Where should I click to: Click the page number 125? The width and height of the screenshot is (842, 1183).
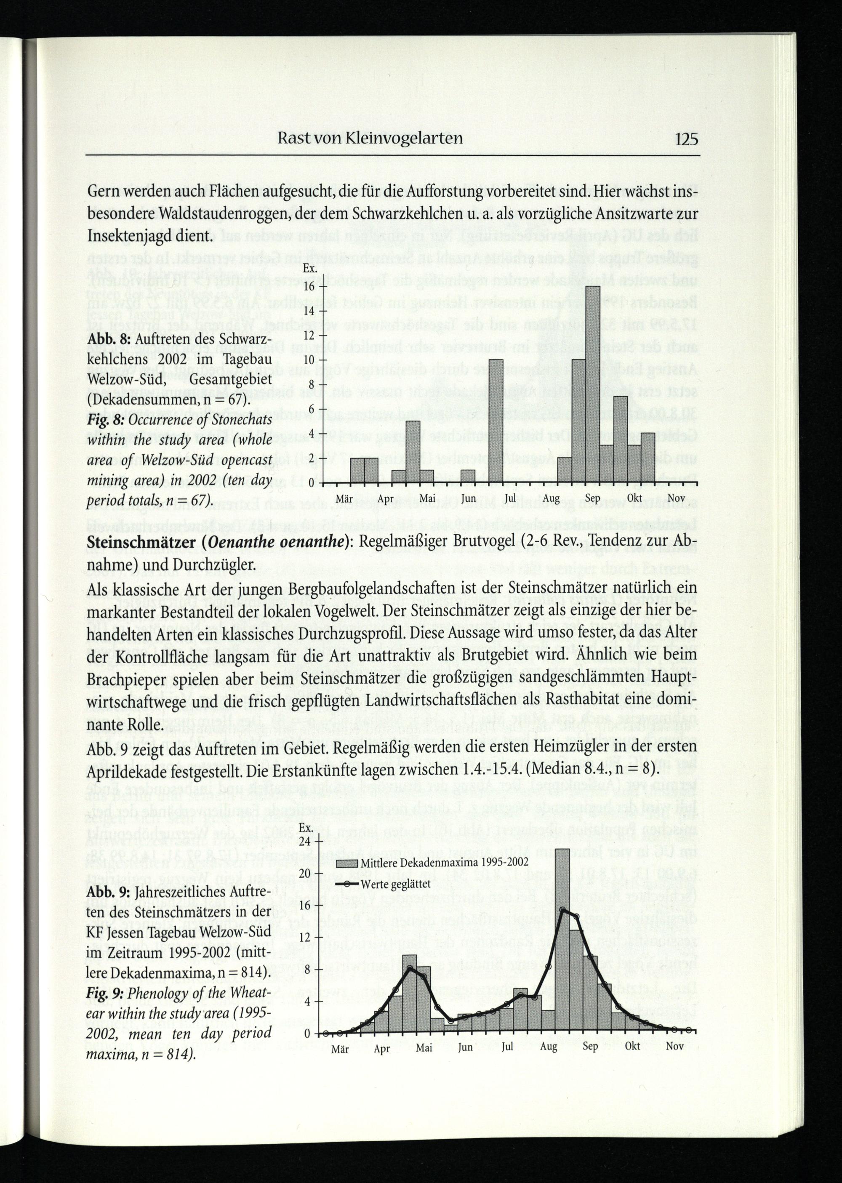pyautogui.click(x=687, y=139)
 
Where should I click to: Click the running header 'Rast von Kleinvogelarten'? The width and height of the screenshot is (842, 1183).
pyautogui.click(x=370, y=139)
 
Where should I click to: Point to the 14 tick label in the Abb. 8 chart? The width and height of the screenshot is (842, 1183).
pyautogui.click(x=309, y=311)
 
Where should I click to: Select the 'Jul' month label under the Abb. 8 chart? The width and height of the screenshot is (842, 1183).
pyautogui.click(x=510, y=499)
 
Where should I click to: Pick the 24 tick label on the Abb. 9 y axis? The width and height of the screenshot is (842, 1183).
pyautogui.click(x=305, y=842)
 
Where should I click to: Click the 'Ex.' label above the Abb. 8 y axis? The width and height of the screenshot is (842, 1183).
pyautogui.click(x=310, y=269)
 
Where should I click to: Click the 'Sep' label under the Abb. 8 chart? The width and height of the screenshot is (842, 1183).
pyautogui.click(x=593, y=499)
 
